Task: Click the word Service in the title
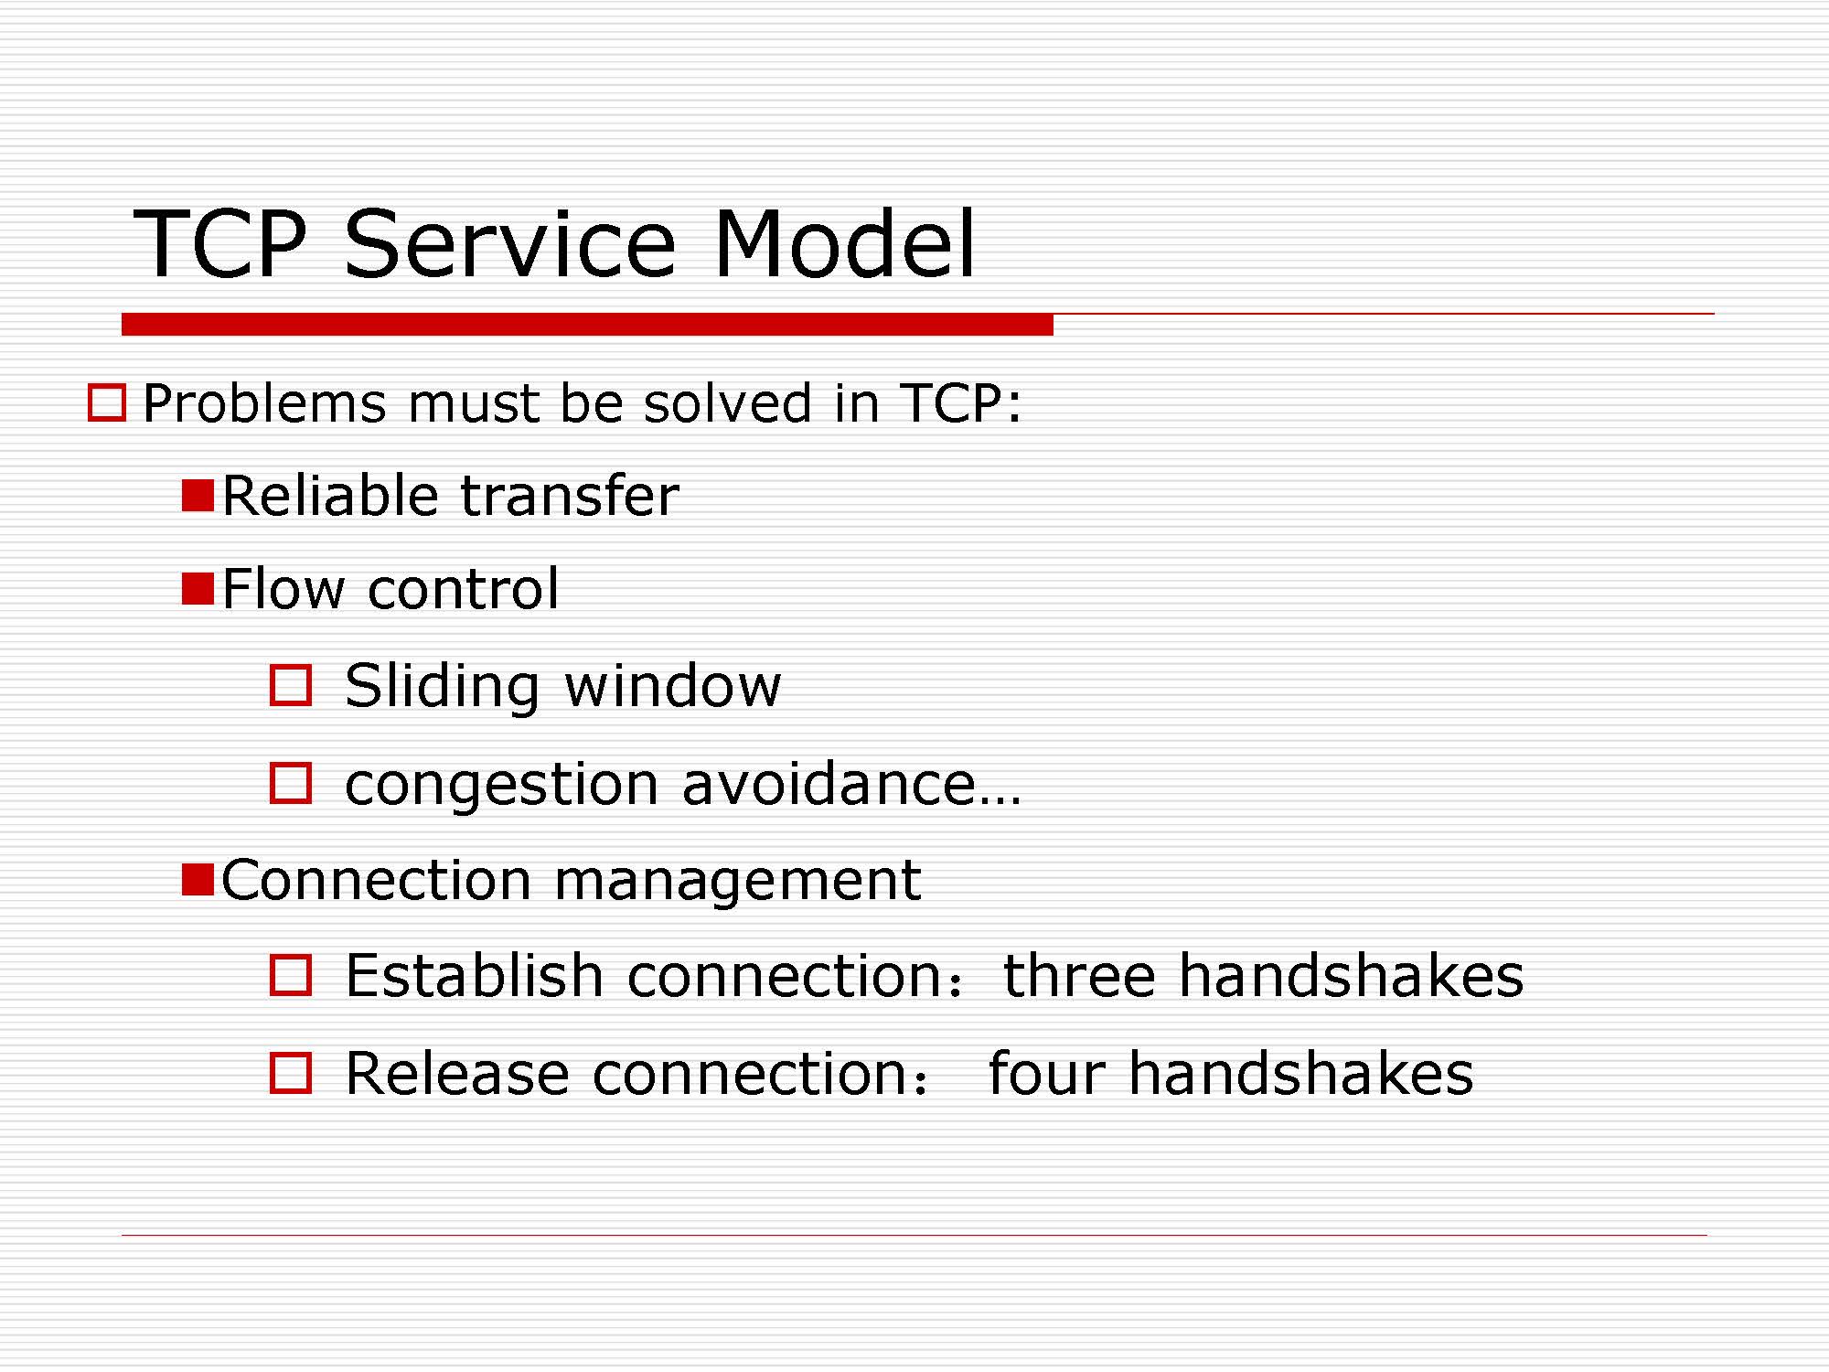point(509,243)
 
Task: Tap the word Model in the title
point(845,243)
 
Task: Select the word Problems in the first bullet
point(265,404)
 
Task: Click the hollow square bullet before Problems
point(107,403)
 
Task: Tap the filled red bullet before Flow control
point(198,588)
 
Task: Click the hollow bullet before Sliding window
point(291,685)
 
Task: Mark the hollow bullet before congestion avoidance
point(291,783)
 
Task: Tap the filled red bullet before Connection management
point(198,879)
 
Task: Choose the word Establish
point(475,975)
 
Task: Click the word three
point(1080,975)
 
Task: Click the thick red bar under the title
point(587,325)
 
